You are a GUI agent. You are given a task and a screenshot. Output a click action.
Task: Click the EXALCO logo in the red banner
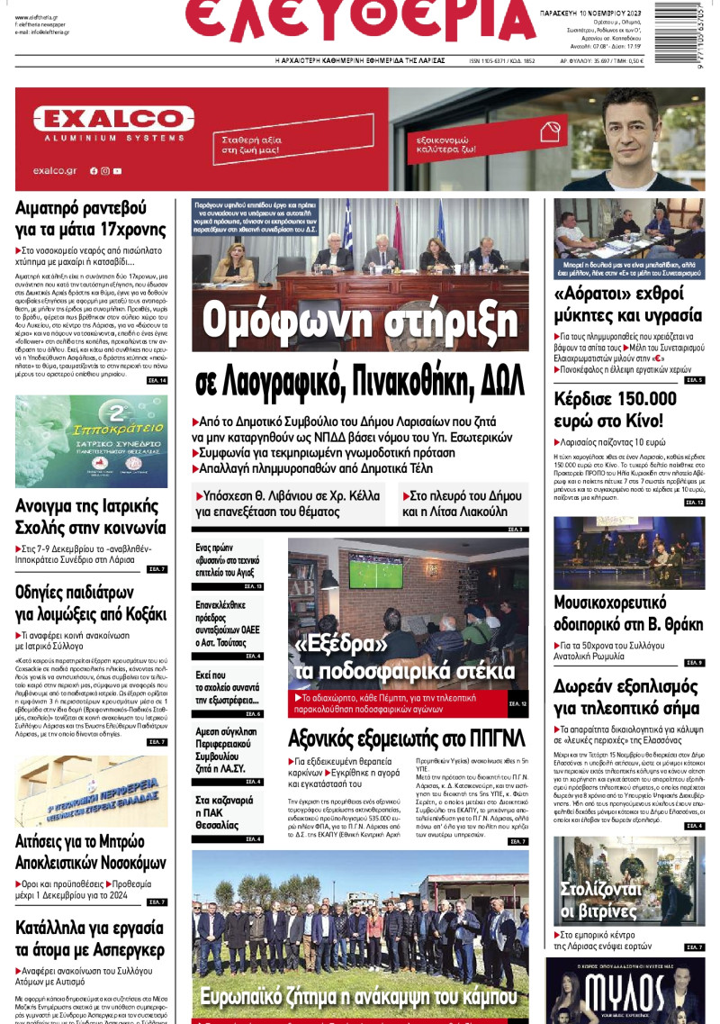113,119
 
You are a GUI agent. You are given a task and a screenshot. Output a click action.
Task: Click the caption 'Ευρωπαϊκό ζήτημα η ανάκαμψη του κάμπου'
360,996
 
